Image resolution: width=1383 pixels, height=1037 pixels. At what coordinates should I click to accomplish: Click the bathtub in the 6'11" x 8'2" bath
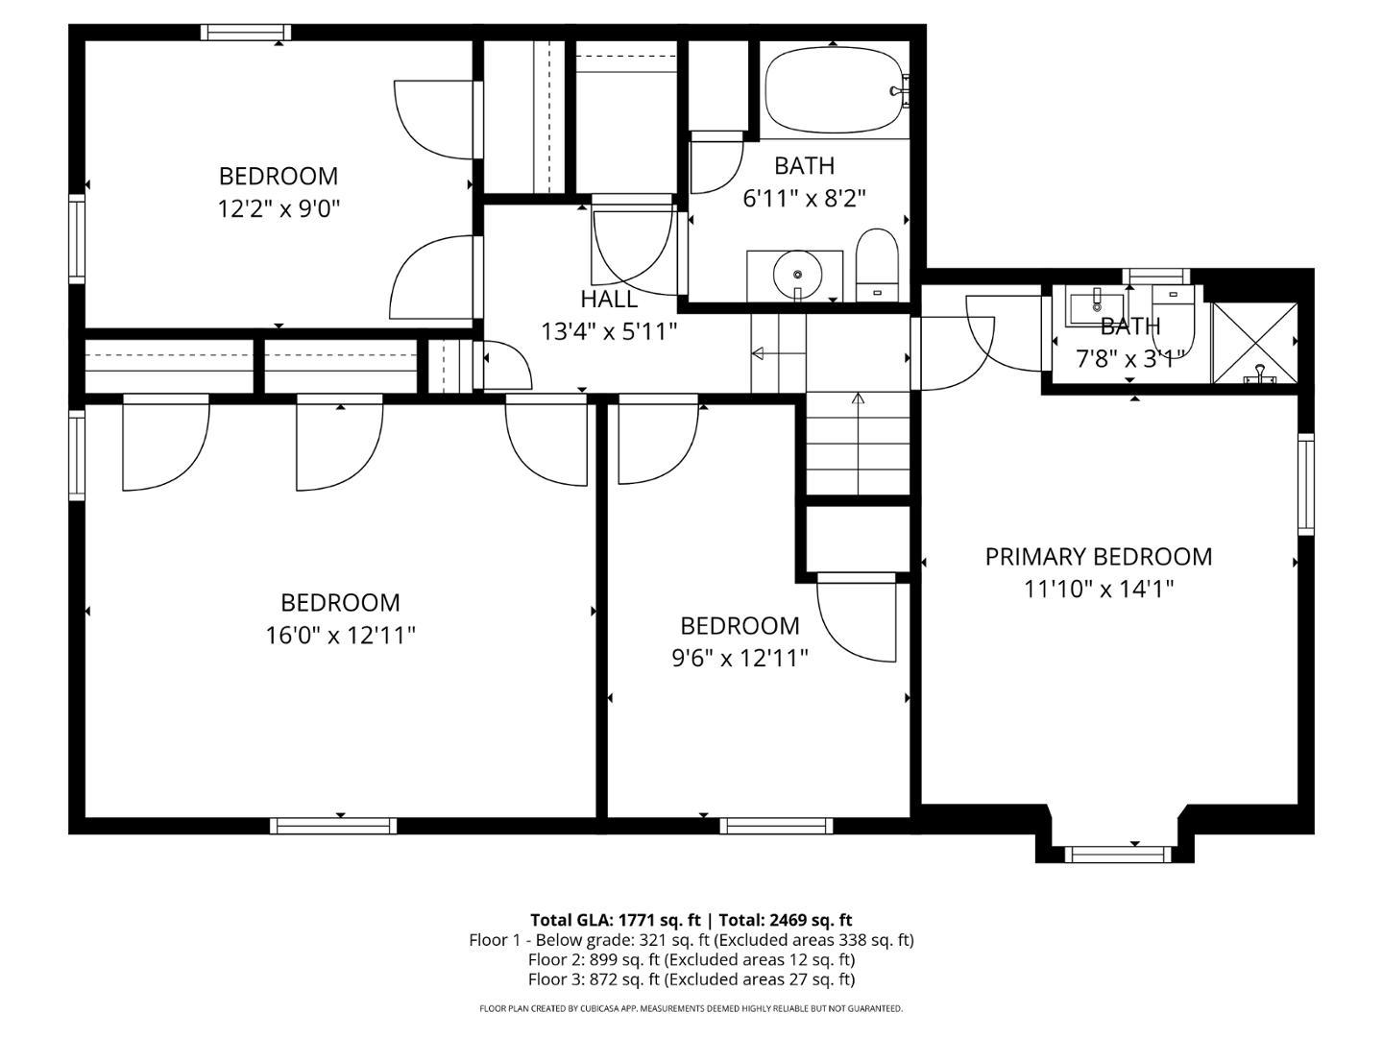coord(837,90)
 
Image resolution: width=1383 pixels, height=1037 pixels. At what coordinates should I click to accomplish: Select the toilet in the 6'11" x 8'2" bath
coord(877,264)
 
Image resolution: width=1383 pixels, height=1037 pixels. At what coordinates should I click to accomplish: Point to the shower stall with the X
coord(1255,343)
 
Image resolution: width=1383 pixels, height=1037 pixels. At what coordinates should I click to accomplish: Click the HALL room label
coord(609,299)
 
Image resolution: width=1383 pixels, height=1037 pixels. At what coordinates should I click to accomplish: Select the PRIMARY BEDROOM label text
coord(1098,557)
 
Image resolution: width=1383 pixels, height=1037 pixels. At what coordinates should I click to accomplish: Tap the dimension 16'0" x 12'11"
coord(340,636)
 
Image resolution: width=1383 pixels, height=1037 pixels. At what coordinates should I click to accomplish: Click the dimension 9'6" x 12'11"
coord(740,658)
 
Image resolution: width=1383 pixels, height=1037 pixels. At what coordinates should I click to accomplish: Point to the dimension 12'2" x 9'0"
coord(279,208)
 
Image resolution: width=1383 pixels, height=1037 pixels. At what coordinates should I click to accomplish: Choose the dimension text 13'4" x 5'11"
coord(609,331)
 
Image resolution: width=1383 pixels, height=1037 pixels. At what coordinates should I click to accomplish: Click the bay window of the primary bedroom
coord(1118,854)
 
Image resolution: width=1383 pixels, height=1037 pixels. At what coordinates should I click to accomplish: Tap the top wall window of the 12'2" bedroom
coord(246,32)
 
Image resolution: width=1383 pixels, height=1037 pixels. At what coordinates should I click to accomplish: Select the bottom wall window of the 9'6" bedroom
coord(776,826)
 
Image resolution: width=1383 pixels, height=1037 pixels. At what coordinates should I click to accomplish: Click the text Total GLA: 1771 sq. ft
coord(615,920)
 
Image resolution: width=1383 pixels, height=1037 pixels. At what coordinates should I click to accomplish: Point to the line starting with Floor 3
coord(691,979)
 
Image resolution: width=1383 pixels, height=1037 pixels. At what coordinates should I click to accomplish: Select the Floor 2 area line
coord(691,959)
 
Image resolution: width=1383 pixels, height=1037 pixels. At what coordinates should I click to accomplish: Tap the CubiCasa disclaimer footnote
coord(691,1008)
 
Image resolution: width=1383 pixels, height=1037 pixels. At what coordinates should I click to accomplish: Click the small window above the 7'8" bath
coord(1156,276)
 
